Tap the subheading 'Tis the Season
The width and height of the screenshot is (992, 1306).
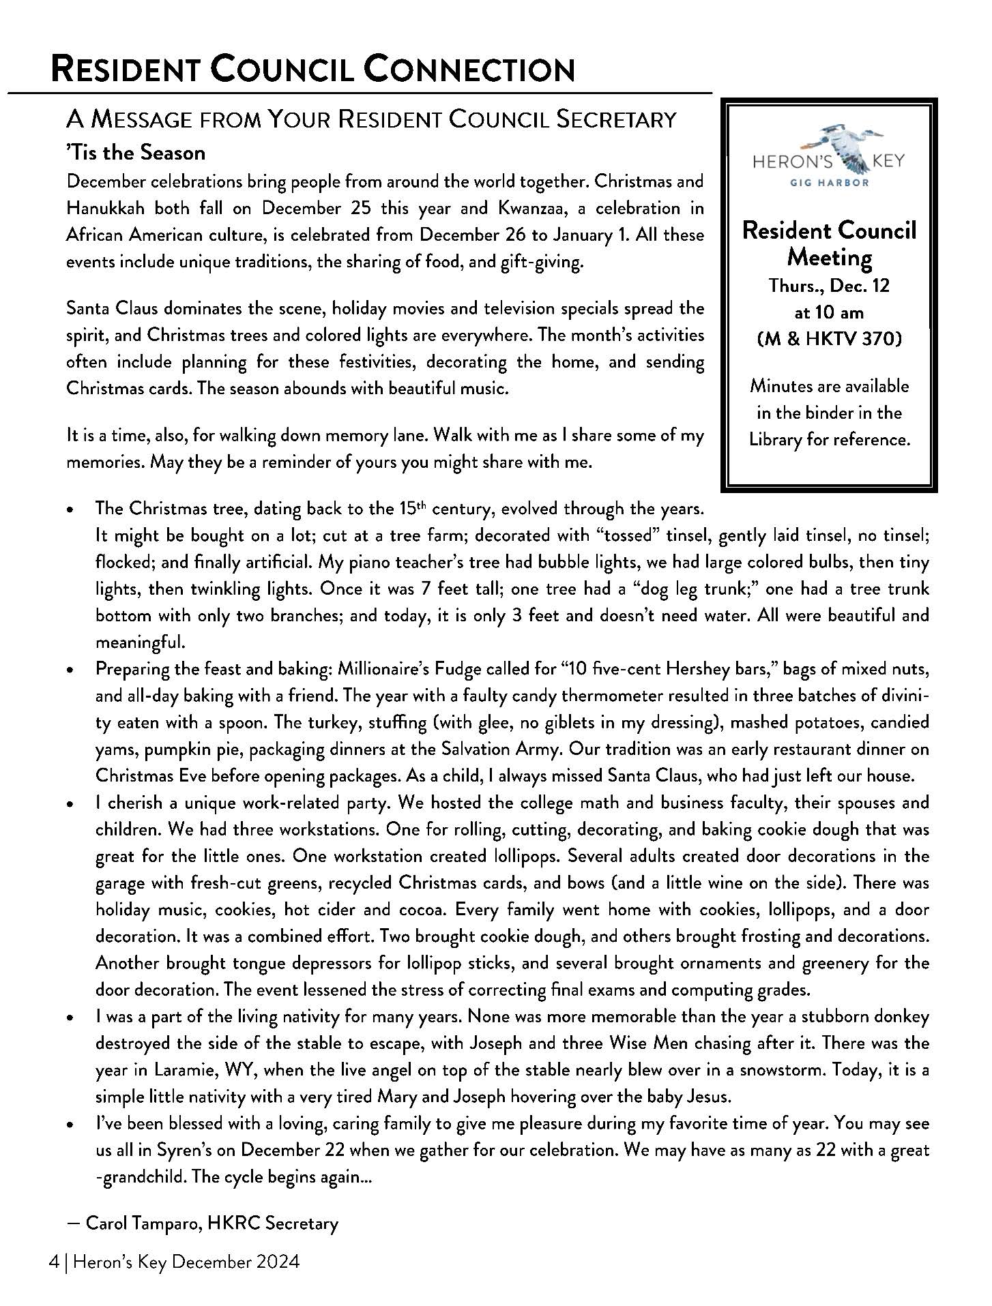click(136, 152)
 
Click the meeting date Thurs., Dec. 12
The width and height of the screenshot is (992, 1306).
click(829, 286)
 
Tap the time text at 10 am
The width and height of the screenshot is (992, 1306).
click(829, 312)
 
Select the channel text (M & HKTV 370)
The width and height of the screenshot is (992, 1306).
click(829, 339)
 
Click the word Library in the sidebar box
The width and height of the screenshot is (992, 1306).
click(775, 440)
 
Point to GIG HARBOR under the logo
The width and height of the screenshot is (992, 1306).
click(829, 183)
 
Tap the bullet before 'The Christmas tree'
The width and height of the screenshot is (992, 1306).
click(70, 510)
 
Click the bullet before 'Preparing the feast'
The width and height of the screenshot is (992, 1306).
click(70, 670)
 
